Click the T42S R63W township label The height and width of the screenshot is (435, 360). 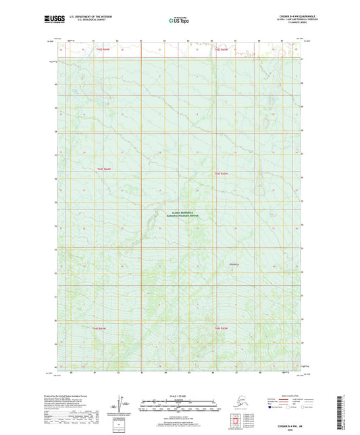coord(103,50)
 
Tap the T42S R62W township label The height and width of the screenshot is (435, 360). coord(221,50)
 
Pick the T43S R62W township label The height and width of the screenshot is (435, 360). coord(221,174)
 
